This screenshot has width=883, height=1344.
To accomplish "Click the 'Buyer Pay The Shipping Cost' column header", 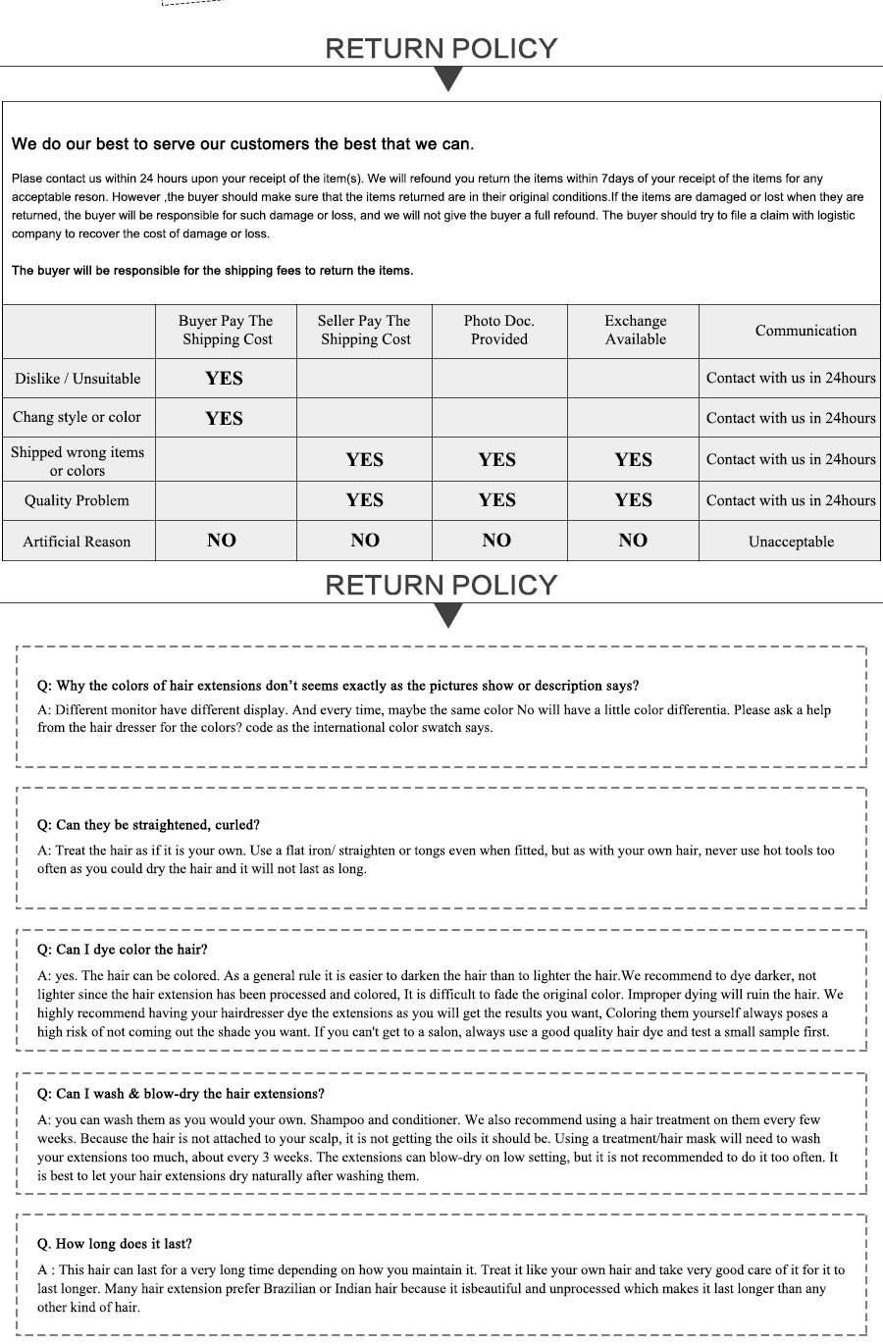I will click(x=226, y=331).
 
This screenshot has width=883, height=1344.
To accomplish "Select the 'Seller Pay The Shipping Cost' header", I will click(x=364, y=331).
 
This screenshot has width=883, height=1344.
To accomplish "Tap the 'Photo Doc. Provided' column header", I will click(x=498, y=331).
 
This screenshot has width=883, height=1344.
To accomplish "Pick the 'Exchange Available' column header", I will click(x=635, y=331).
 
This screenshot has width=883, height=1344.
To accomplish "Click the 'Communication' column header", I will click(x=805, y=331).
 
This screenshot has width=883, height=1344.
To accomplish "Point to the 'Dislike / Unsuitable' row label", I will click(x=78, y=379).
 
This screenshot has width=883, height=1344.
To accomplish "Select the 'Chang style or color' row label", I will click(x=77, y=417).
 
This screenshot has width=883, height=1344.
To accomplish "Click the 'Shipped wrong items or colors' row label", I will click(x=78, y=461).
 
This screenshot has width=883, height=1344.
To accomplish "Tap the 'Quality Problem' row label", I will click(x=77, y=500).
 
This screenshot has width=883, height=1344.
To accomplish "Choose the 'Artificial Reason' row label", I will click(x=77, y=542).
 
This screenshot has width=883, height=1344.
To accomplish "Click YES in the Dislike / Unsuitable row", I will click(x=224, y=379).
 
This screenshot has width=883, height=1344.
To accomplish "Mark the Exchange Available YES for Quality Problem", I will click(x=633, y=500).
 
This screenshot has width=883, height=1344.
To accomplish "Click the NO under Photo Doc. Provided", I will click(x=496, y=541).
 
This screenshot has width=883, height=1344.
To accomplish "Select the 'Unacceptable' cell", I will click(x=791, y=542).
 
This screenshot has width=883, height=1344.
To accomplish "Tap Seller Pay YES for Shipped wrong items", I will click(x=364, y=460).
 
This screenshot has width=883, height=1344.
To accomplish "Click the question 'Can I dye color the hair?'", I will click(x=123, y=950).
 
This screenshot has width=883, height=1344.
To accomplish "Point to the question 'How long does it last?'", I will click(x=115, y=1244).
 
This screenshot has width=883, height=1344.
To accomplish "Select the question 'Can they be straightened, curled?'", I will click(x=148, y=825).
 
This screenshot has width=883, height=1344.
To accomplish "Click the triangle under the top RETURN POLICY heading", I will click(x=448, y=78).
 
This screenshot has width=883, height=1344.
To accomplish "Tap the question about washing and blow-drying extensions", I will click(x=181, y=1094).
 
